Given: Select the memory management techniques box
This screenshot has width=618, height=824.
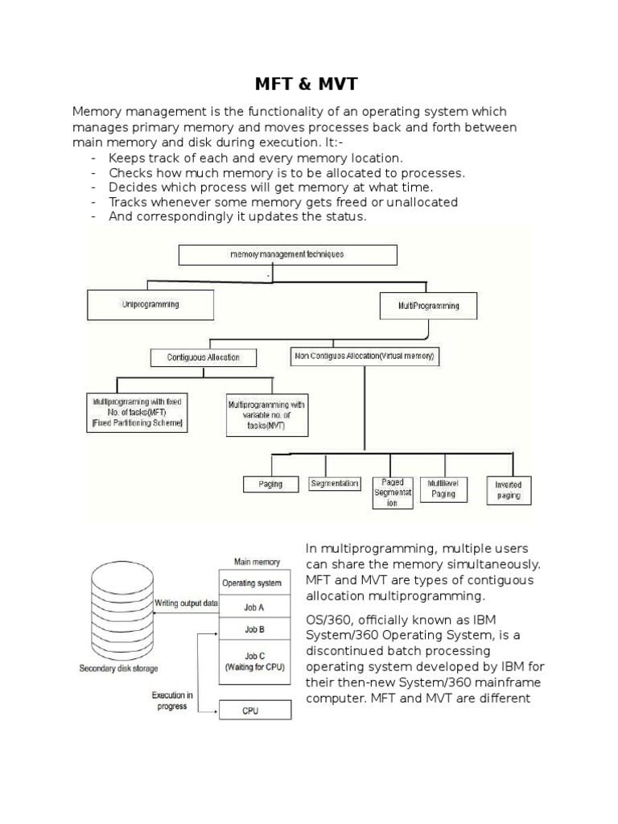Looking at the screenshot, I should tap(287, 255).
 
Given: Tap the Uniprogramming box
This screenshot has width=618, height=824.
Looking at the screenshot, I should tap(150, 306).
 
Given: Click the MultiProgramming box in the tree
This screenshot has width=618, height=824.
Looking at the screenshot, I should tap(428, 306).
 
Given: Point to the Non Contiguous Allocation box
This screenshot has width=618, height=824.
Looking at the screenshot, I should tap(365, 356).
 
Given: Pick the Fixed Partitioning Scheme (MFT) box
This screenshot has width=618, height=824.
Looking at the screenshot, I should tap(138, 411).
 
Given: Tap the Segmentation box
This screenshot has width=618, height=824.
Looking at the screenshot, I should tap(334, 484).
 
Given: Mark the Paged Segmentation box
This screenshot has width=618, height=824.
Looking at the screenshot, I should tap(393, 492).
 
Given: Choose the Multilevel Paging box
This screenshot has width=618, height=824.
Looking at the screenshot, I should tap(443, 488).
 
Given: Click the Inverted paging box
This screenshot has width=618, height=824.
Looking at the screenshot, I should tap(509, 490).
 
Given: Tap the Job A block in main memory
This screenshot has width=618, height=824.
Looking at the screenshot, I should tap(253, 608).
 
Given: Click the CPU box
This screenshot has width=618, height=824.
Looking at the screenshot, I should tap(253, 711).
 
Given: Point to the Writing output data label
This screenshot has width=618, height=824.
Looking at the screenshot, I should tap(186, 602).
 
